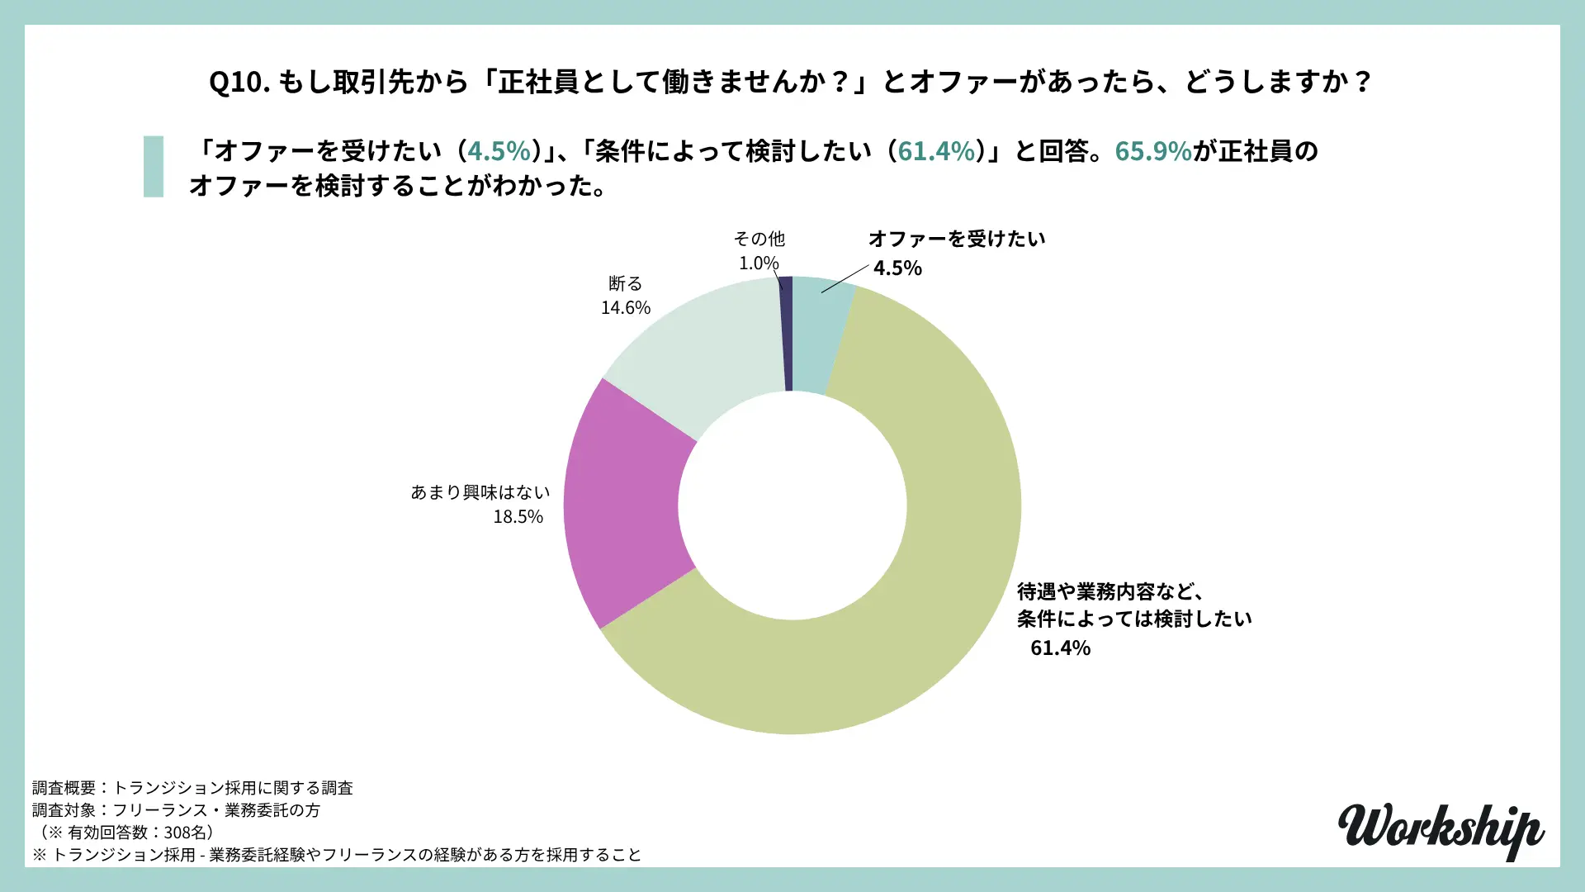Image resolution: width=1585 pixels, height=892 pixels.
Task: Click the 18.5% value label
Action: pyautogui.click(x=518, y=517)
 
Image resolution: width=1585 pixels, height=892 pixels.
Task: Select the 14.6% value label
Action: pyautogui.click(x=625, y=308)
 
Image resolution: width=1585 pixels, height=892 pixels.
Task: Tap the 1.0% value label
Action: pyautogui.click(x=758, y=263)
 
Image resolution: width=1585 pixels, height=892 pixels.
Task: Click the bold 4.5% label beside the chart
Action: pyautogui.click(x=897, y=268)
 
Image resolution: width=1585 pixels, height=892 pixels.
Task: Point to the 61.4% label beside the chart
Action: pyautogui.click(x=1060, y=648)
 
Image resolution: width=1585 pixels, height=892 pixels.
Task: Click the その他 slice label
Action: pyautogui.click(x=759, y=240)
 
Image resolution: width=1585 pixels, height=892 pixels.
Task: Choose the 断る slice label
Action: pyautogui.click(x=625, y=284)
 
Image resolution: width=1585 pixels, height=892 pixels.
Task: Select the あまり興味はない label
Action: pyautogui.click(x=480, y=493)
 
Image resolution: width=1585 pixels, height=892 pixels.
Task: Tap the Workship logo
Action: pyautogui.click(x=1441, y=830)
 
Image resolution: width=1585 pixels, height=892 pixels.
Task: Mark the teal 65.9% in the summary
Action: pyautogui.click(x=1152, y=151)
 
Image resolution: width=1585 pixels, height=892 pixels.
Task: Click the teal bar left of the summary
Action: pyautogui.click(x=154, y=167)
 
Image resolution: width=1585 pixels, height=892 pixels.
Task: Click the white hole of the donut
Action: pyautogui.click(x=792, y=505)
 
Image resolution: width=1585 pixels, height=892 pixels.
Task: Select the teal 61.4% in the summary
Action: pyautogui.click(x=935, y=151)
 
